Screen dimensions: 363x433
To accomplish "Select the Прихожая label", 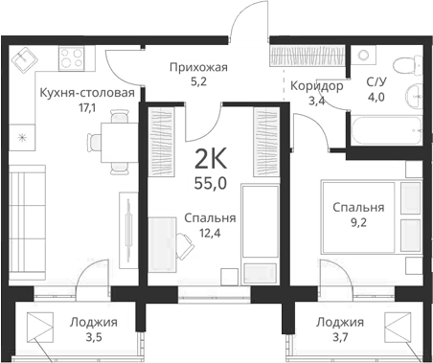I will [197, 67].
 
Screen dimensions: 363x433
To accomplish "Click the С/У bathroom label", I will [377, 83].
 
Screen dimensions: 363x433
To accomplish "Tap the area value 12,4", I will [210, 234].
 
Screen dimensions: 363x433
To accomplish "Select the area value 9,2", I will [358, 223].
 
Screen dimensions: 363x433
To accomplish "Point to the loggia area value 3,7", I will [340, 338].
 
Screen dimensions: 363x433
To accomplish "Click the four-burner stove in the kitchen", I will [72, 63].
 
